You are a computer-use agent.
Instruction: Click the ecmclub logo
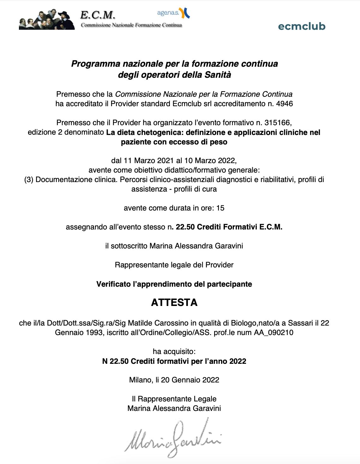coord(302,26)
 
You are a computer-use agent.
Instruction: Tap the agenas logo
coord(173,13)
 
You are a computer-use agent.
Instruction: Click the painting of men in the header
coord(47,20)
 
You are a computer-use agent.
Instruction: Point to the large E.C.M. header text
coord(98,15)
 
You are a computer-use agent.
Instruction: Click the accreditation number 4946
coord(285,104)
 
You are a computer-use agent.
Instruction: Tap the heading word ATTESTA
coord(174,302)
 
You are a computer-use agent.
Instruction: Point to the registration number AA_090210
coord(273,333)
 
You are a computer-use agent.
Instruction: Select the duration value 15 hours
coord(220,208)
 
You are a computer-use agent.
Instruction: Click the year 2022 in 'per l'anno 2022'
coord(238,361)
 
